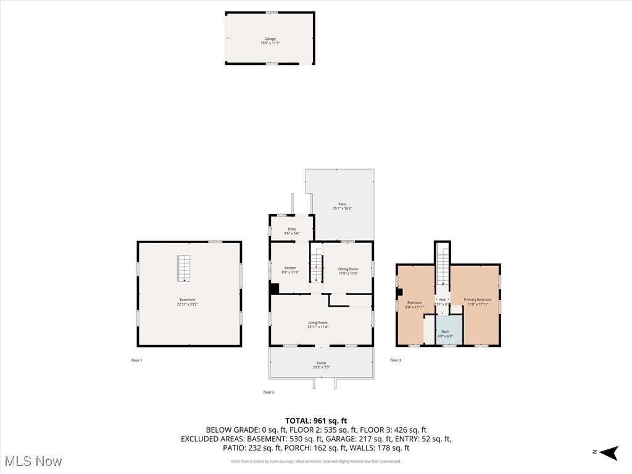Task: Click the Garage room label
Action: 270,41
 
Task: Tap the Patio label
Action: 342,206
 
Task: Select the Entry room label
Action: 291,231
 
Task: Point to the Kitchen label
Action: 290,270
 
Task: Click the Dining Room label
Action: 348,270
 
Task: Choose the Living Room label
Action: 318,324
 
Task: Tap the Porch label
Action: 321,365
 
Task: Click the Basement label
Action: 188,302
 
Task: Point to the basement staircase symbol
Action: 184,268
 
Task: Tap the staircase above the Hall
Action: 443,264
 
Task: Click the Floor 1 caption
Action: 136,360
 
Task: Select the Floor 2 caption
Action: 268,392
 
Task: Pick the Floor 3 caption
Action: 395,360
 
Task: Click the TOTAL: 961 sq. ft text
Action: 316,421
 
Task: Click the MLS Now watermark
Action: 33,461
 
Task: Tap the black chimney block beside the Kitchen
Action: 275,288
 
